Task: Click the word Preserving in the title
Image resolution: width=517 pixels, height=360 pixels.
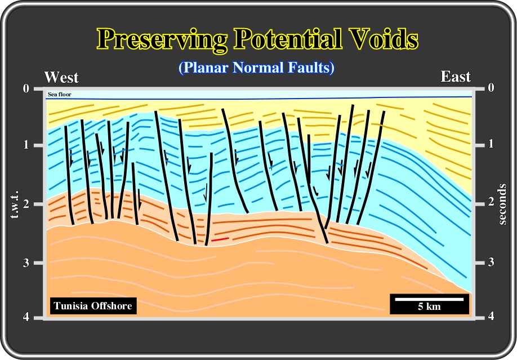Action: tap(162, 40)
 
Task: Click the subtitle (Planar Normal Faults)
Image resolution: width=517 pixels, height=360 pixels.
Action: tap(256, 68)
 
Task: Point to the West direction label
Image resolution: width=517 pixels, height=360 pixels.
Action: tap(61, 78)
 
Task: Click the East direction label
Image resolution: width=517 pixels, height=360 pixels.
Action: tap(456, 77)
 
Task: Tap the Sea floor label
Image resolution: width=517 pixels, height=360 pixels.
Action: tap(59, 95)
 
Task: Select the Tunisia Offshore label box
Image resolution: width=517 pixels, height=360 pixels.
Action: tap(93, 306)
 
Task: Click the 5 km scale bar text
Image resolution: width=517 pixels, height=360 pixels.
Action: tap(429, 306)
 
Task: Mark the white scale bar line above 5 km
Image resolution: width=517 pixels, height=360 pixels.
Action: tap(429, 299)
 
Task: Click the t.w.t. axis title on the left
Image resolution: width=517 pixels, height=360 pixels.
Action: tap(15, 205)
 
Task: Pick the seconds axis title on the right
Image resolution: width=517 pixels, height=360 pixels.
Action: tap(502, 205)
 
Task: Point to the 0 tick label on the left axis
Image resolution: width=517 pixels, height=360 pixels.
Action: tap(26, 88)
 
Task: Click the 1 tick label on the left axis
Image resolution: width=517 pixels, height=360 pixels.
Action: tap(26, 145)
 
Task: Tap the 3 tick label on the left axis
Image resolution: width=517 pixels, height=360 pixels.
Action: tap(26, 263)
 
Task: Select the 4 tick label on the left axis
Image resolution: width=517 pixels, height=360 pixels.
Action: tap(26, 317)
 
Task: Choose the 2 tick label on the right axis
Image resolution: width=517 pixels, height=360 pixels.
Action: tap(491, 201)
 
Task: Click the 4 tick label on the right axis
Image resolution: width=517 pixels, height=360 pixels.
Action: tap(491, 316)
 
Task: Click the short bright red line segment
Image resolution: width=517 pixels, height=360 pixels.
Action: tap(220, 239)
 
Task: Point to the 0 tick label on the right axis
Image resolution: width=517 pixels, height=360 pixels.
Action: tap(491, 87)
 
